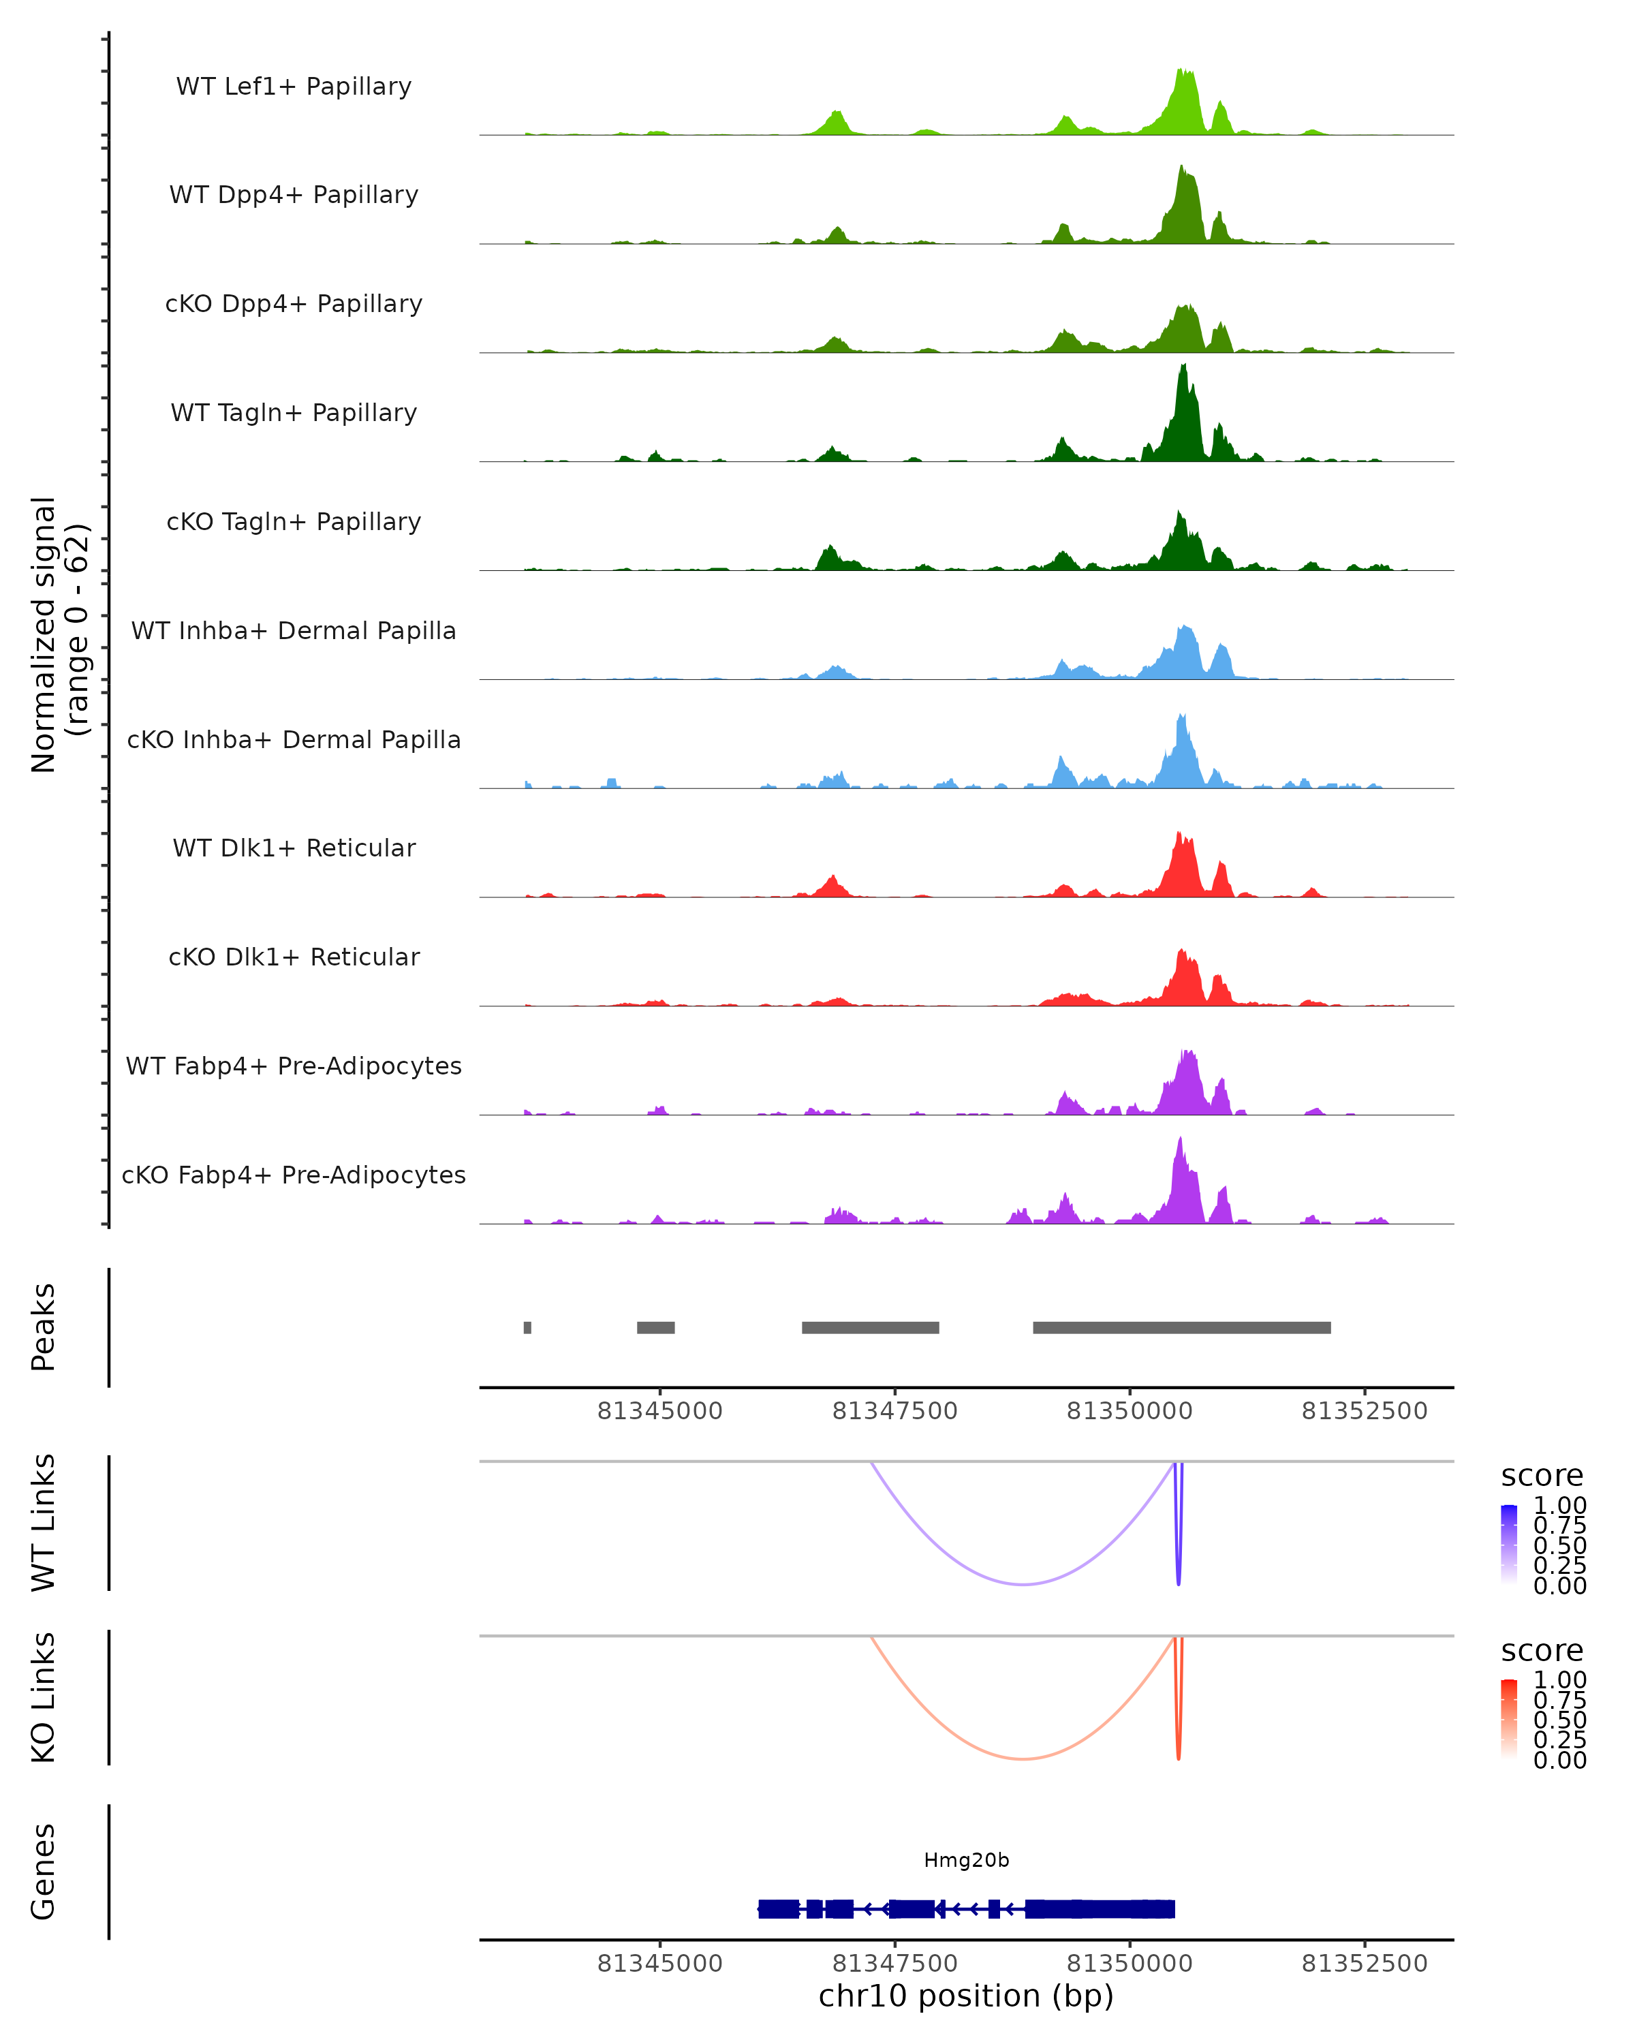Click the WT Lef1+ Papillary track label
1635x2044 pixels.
pyautogui.click(x=294, y=87)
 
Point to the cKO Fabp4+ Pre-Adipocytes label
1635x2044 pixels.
pyautogui.click(x=294, y=1175)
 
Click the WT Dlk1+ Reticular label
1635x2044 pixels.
pyautogui.click(x=294, y=848)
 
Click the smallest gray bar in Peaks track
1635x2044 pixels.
pyautogui.click(x=527, y=1327)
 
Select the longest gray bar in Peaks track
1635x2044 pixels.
pyautogui.click(x=1181, y=1327)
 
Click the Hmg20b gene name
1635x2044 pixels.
pyautogui.click(x=966, y=1860)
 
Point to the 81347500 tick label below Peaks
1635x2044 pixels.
pyautogui.click(x=894, y=1411)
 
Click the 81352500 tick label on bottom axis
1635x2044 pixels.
pyautogui.click(x=1364, y=1964)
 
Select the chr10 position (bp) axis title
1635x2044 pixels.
pyautogui.click(x=966, y=1996)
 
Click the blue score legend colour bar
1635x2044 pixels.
pyautogui.click(x=1509, y=1543)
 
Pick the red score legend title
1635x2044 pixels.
pyautogui.click(x=1541, y=1651)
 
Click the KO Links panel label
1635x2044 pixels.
pyautogui.click(x=44, y=1697)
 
